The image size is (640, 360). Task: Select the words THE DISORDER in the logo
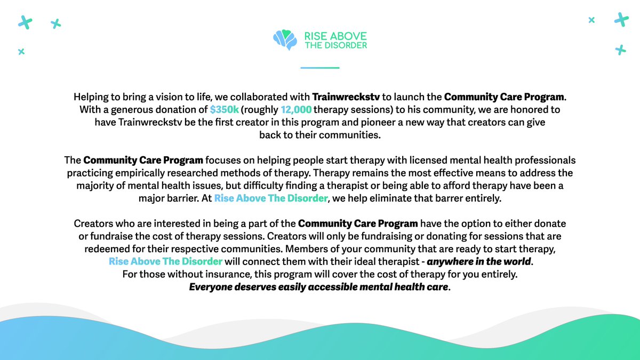335,45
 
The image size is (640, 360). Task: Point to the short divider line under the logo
320,68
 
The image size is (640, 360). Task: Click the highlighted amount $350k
224,109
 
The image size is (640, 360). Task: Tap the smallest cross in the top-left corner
21,52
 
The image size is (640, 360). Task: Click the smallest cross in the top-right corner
591,20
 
